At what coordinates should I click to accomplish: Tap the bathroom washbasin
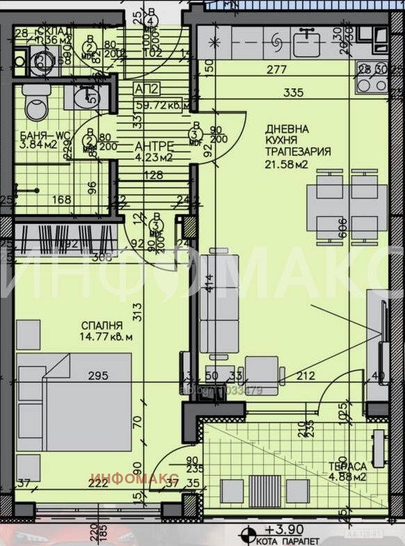click(x=88, y=97)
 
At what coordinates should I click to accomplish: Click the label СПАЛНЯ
click(x=101, y=325)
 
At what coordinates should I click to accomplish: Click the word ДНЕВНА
click(x=286, y=129)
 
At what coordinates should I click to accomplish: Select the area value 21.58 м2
click(x=286, y=164)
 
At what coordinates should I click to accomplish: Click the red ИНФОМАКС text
click(x=135, y=478)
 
